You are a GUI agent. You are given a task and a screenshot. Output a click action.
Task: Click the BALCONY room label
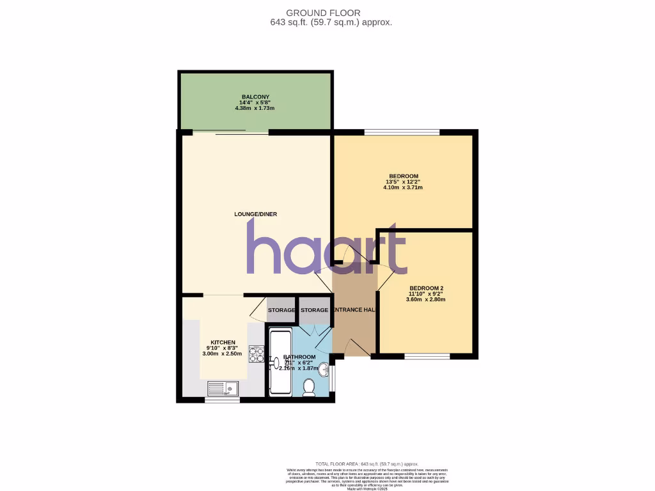(x=255, y=97)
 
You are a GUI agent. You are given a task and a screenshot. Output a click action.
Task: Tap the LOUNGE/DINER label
(x=255, y=214)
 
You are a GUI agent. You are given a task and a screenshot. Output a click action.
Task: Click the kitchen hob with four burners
(x=256, y=354)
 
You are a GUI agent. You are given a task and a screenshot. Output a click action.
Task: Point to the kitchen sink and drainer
(x=223, y=387)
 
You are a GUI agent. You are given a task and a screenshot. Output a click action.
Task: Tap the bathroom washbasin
(x=325, y=370)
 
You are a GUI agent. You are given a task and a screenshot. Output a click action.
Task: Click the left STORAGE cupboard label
(x=281, y=310)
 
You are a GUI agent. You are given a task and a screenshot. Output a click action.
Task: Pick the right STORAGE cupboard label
(x=315, y=310)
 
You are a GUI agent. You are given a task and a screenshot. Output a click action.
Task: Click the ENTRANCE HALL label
(x=354, y=310)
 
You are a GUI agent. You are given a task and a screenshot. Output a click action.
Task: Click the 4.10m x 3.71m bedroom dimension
(x=403, y=187)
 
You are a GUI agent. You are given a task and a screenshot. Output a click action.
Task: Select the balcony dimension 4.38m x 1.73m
(x=255, y=108)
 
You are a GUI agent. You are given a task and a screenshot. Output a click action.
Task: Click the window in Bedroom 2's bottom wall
(x=427, y=356)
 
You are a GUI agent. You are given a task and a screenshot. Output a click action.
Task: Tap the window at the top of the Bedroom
(x=402, y=132)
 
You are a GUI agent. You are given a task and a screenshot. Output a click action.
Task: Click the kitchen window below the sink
(x=222, y=400)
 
